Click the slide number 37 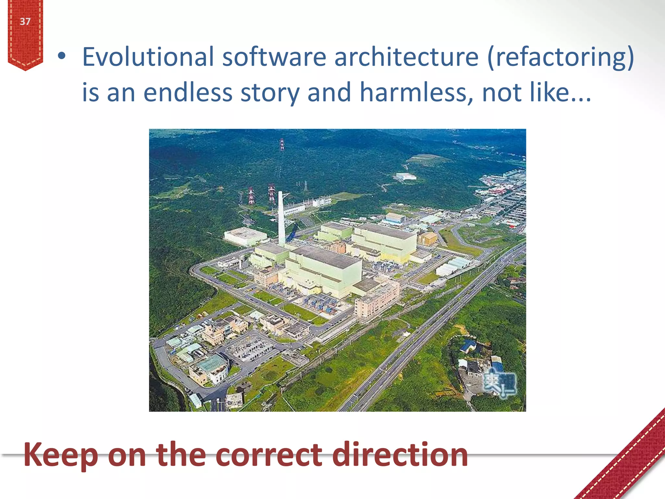click(x=25, y=21)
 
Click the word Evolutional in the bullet click(x=147, y=57)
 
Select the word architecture click(x=406, y=57)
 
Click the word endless click(x=188, y=93)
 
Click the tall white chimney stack click(x=281, y=218)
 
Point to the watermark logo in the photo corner click(x=499, y=383)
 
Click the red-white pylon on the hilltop click(x=282, y=145)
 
